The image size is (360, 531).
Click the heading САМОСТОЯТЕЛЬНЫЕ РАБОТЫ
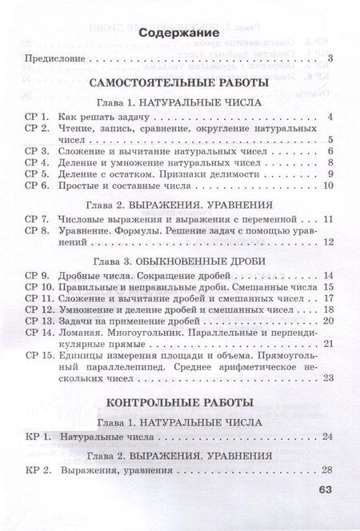179,82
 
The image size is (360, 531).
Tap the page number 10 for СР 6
327,186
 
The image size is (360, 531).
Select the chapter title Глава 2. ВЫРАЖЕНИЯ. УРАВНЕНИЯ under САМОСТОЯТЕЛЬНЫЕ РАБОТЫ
180,203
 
